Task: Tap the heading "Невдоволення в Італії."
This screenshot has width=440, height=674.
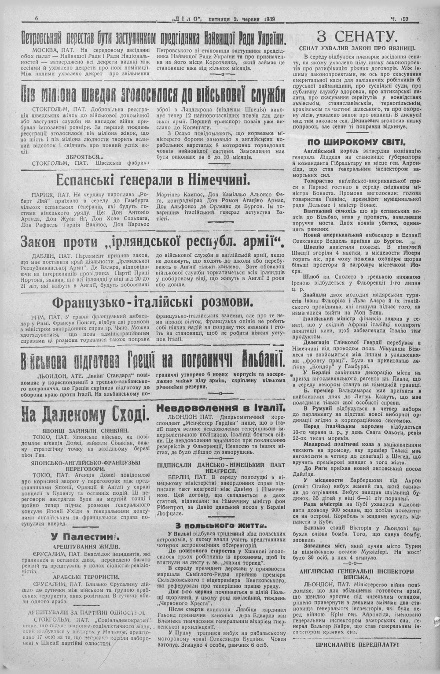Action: pyautogui.click(x=222, y=407)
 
